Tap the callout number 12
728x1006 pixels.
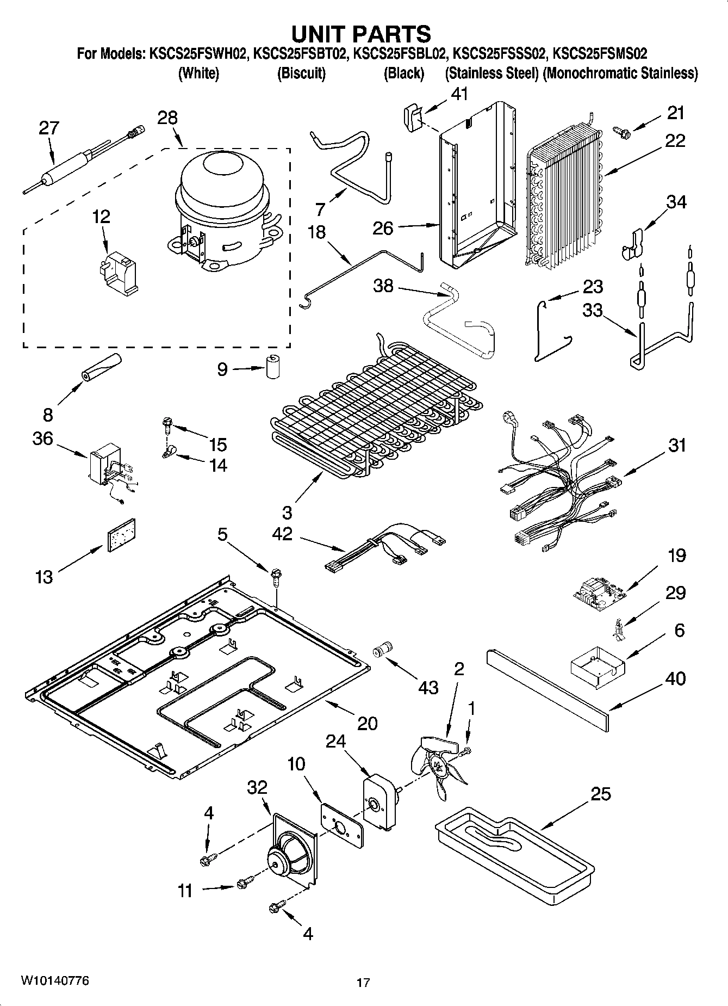point(101,217)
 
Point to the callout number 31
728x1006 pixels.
point(677,446)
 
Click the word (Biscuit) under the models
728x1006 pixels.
point(301,73)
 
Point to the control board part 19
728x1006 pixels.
point(596,593)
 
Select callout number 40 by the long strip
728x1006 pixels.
point(675,678)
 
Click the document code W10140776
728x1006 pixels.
point(55,981)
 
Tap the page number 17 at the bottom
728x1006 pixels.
point(363,983)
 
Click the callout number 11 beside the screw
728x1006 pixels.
point(185,891)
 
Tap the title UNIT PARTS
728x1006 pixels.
point(362,34)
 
